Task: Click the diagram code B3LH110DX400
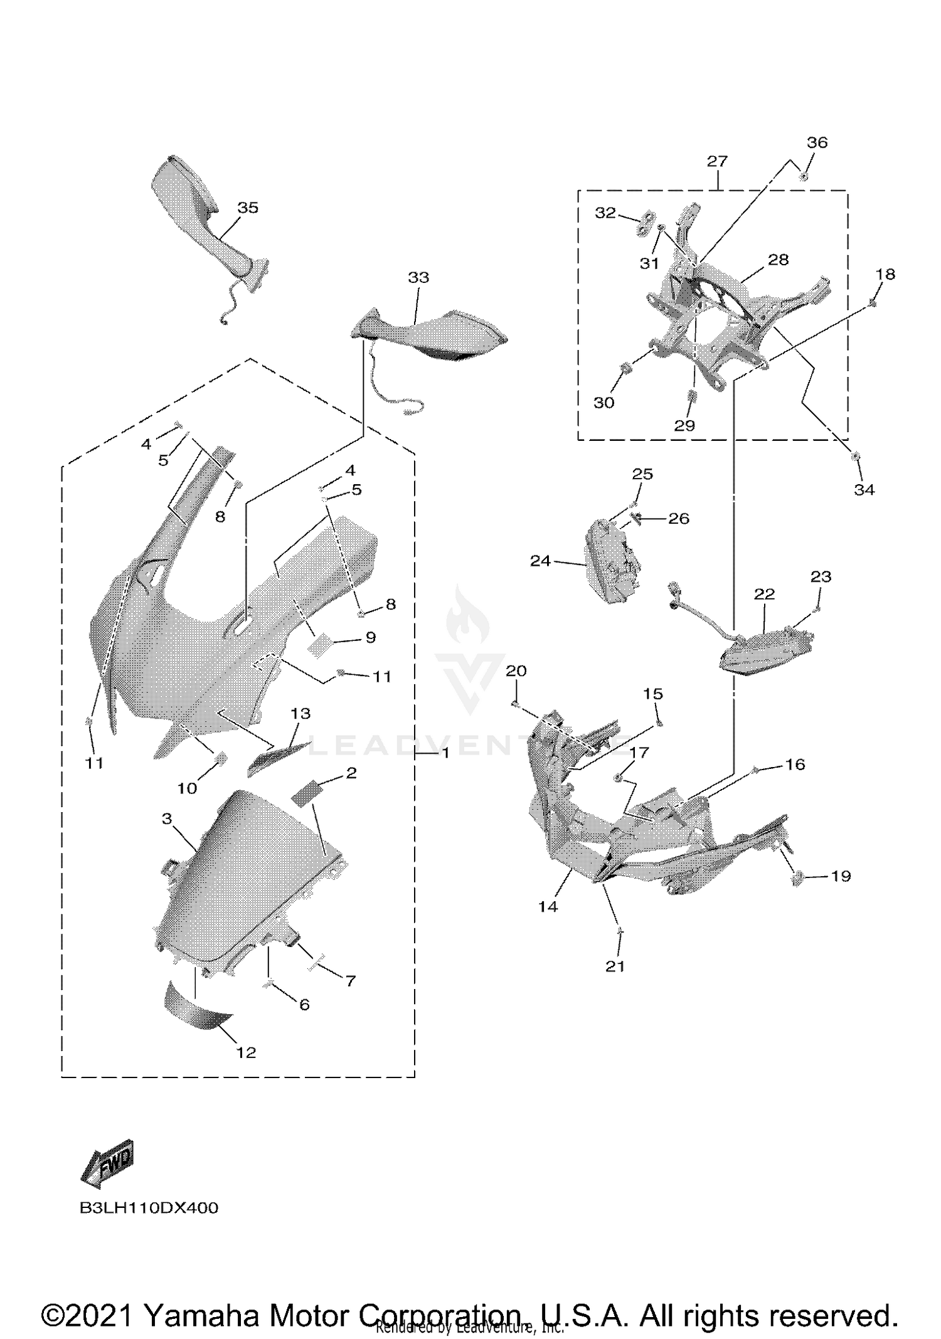149,1208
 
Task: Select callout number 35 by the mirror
248,208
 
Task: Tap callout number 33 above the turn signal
418,277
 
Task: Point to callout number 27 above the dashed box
717,161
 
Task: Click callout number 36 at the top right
817,142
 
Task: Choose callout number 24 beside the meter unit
540,561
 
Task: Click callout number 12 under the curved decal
246,1053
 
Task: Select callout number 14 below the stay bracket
548,906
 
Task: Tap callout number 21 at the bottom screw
615,966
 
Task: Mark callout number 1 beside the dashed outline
445,753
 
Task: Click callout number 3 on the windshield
167,819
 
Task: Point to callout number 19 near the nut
841,876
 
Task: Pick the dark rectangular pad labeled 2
306,795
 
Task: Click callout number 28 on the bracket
778,260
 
